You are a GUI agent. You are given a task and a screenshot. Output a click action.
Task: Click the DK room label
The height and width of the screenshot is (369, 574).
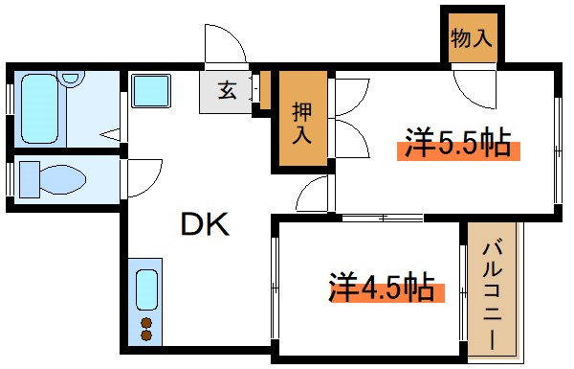203,224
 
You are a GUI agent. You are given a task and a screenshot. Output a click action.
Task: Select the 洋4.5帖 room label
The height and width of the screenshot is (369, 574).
383,286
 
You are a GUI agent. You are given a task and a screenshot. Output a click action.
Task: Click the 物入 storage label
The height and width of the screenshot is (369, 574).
471,39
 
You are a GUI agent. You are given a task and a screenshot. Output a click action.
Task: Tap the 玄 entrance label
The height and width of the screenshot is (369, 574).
228,91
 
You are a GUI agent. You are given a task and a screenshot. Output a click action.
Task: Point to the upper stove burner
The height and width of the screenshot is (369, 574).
146,321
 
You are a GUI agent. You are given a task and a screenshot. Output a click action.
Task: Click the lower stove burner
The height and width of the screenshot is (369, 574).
146,335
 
